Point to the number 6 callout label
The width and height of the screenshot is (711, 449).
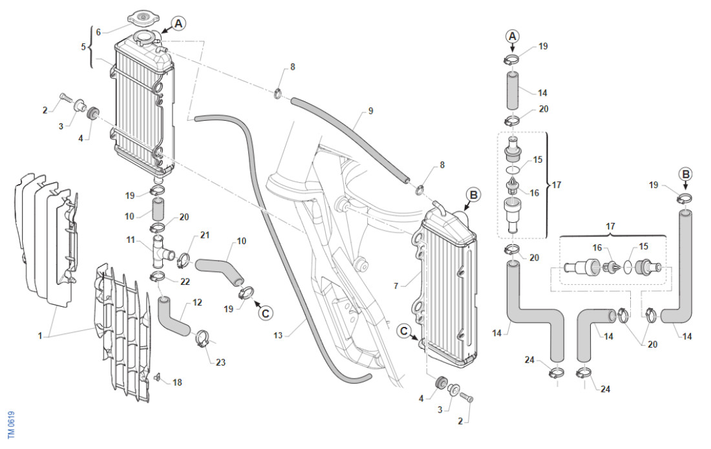tap(98, 32)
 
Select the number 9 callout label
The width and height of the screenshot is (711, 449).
tap(370, 111)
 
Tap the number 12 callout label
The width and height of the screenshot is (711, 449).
tap(197, 302)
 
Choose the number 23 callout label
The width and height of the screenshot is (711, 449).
tap(220, 362)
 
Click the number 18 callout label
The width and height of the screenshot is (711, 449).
tap(177, 382)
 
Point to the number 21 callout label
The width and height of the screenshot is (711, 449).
tap(205, 235)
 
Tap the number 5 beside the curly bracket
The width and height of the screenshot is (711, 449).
tap(83, 47)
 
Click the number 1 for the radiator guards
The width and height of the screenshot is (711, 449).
tap(40, 336)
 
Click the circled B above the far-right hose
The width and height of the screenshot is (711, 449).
tap(686, 174)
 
